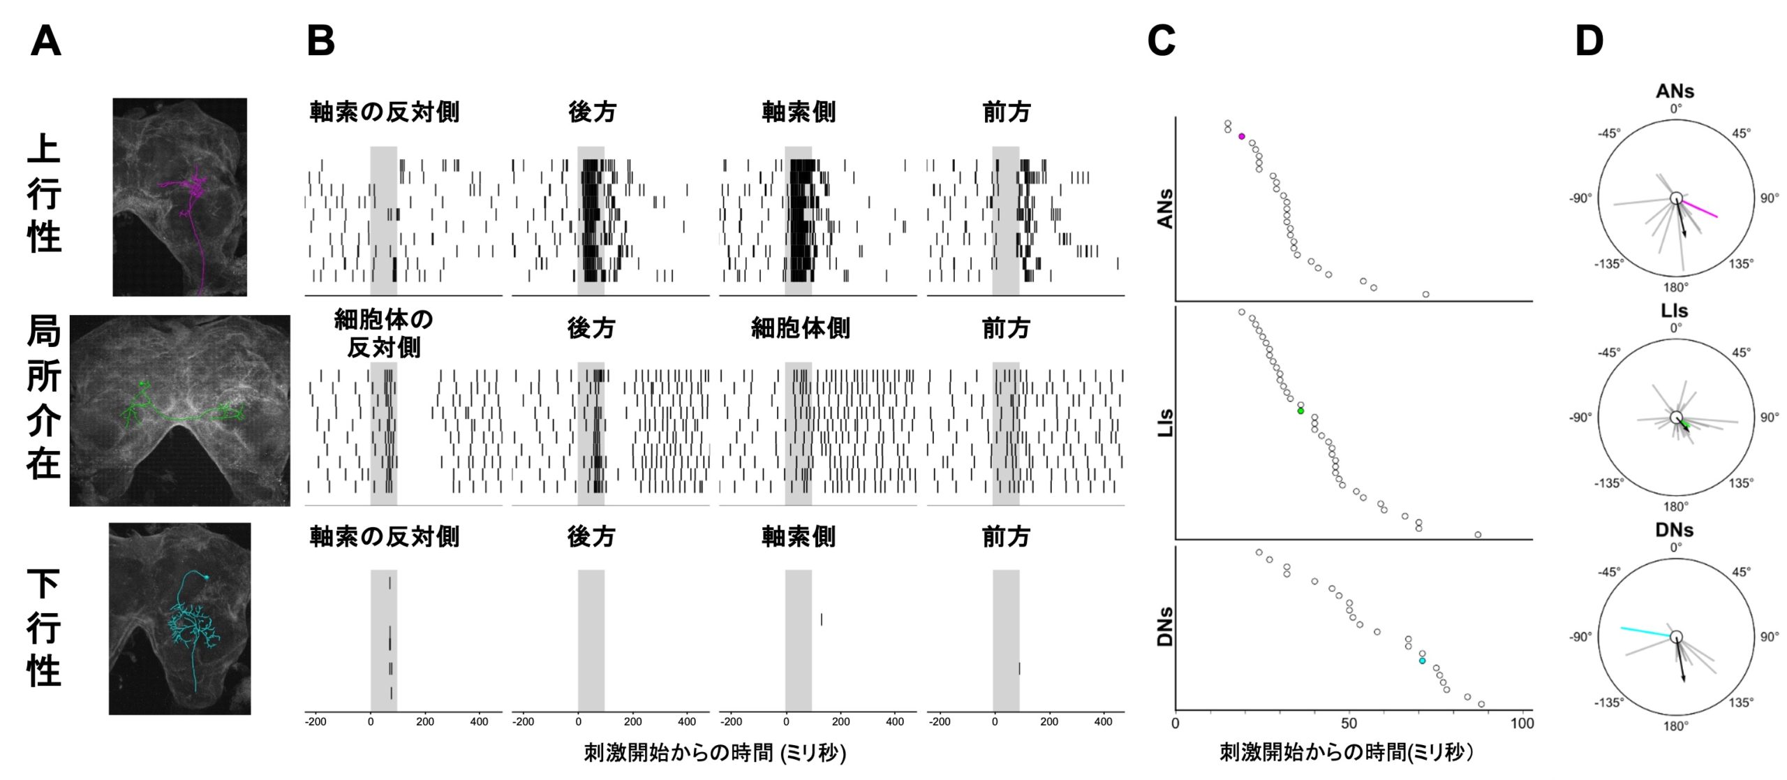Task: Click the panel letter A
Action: pyautogui.click(x=46, y=41)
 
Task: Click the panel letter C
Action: pyautogui.click(x=1161, y=41)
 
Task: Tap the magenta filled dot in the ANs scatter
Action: pyautogui.click(x=1241, y=136)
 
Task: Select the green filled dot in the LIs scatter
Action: pyautogui.click(x=1300, y=411)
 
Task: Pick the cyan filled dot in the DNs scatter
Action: pyautogui.click(x=1422, y=661)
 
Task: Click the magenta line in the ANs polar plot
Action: pyautogui.click(x=1700, y=209)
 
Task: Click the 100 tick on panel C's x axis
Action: pyautogui.click(x=1522, y=723)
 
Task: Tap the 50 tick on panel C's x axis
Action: pyautogui.click(x=1349, y=723)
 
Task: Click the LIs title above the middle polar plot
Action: pyautogui.click(x=1675, y=311)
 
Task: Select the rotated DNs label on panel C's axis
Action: pyautogui.click(x=1164, y=626)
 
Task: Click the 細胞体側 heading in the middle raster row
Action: pyautogui.click(x=800, y=328)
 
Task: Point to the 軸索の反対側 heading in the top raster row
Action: pyautogui.click(x=384, y=112)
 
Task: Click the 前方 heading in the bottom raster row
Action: pyautogui.click(x=1006, y=537)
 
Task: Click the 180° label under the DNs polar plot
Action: pyautogui.click(x=1675, y=726)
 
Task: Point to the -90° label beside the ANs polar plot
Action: pyautogui.click(x=1581, y=198)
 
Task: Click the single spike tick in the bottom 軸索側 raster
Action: pyautogui.click(x=822, y=619)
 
